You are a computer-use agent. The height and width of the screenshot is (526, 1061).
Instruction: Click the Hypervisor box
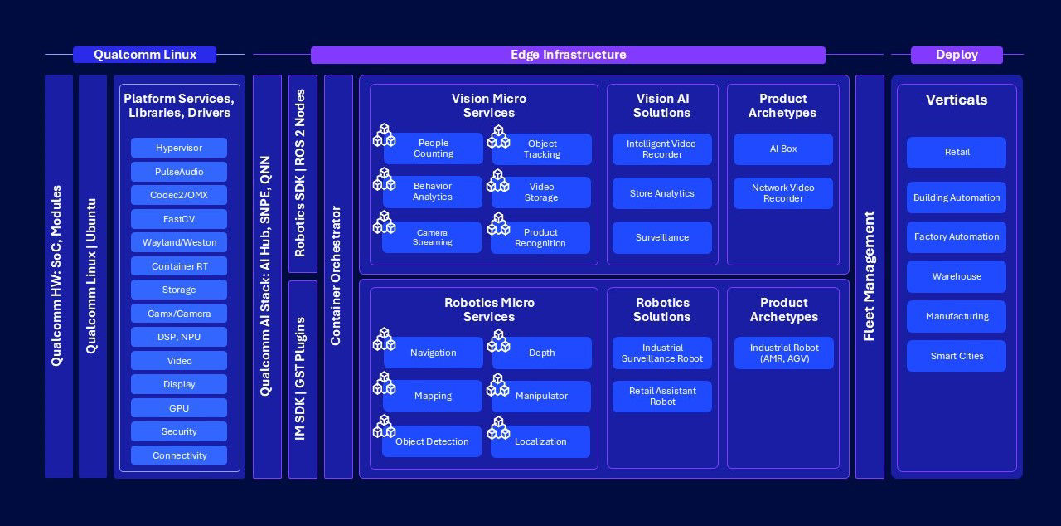pos(179,148)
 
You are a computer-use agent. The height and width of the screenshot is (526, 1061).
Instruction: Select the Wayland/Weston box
pos(179,242)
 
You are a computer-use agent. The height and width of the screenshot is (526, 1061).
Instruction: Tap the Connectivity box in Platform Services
pos(179,455)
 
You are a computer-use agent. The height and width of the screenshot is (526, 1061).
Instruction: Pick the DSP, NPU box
pos(179,337)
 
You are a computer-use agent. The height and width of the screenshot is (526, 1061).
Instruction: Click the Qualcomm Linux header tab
pos(144,55)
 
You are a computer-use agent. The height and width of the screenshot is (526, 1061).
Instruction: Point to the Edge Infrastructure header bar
pos(568,55)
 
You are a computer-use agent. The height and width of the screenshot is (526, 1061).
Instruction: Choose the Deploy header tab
pos(957,55)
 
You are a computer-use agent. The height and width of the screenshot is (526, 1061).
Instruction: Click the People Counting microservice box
pos(434,149)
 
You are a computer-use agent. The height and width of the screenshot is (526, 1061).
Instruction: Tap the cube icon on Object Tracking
pos(499,136)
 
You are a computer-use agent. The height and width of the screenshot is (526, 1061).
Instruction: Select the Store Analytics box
pos(661,193)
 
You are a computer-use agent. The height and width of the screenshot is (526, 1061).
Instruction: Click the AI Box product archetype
pos(783,149)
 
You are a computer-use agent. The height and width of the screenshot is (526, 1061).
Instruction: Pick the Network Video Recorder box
pos(783,193)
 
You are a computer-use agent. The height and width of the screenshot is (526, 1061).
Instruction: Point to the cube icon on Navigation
pos(384,340)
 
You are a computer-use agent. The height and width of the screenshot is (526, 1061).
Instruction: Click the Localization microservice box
pos(540,441)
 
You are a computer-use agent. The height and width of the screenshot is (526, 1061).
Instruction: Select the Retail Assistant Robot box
pos(661,397)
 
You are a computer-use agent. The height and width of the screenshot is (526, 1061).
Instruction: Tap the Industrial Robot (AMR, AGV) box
pos(784,353)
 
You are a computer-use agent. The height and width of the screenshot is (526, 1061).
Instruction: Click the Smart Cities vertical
pos(957,356)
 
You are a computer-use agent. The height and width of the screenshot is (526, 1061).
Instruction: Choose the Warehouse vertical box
pos(957,276)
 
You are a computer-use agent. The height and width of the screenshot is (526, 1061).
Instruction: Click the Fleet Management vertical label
pos(870,276)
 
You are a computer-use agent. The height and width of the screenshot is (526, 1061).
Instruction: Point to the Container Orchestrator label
pos(336,275)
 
